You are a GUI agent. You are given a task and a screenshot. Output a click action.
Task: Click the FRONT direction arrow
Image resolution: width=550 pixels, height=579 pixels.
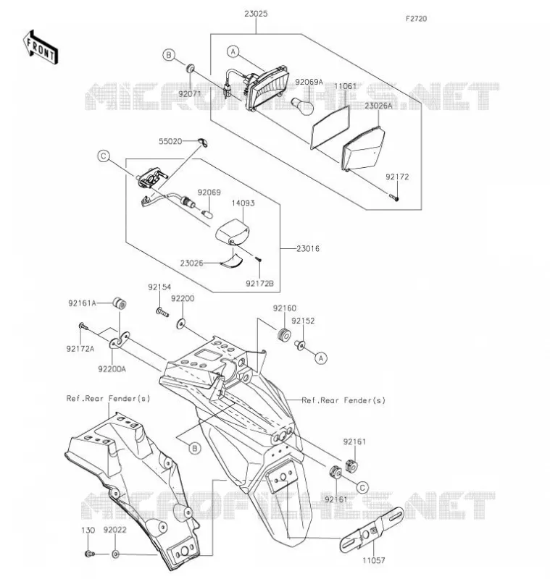click(x=41, y=48)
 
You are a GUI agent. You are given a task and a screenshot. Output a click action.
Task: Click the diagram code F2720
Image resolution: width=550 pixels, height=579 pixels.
click(x=416, y=19)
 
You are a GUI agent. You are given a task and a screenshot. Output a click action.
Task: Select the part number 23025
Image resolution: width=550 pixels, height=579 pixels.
click(x=256, y=14)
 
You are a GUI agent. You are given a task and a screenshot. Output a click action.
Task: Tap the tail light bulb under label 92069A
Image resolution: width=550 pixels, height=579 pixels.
click(x=303, y=105)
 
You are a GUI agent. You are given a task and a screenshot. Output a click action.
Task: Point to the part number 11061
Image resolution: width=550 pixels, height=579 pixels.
click(x=345, y=86)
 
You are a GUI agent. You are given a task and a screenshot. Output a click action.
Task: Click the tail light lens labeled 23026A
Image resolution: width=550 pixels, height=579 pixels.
click(x=364, y=148)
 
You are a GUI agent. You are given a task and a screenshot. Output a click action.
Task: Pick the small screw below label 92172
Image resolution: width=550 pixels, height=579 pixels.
click(x=394, y=197)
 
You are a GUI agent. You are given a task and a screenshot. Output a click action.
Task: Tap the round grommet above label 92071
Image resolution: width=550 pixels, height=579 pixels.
click(x=191, y=69)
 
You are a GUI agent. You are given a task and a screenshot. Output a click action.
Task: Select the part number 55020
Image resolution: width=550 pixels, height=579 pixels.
click(x=170, y=141)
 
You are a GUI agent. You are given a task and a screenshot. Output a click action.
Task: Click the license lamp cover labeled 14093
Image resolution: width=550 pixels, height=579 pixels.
click(x=233, y=232)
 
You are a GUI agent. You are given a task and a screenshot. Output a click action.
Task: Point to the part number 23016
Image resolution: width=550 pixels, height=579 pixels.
click(x=308, y=248)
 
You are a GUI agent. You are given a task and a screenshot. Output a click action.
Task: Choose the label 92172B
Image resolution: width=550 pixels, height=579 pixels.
click(x=259, y=283)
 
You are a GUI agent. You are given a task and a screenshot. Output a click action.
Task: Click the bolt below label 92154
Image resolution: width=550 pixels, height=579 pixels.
click(x=162, y=313)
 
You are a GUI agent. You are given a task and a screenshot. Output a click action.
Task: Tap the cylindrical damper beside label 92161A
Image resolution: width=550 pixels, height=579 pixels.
click(x=120, y=303)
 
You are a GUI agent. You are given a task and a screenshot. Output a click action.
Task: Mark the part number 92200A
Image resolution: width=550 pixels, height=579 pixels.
click(x=112, y=369)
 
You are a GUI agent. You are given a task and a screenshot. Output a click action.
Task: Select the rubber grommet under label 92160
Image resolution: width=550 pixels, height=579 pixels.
click(x=284, y=334)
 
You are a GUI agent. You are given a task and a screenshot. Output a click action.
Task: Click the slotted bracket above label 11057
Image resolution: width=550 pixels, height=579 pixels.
click(x=372, y=529)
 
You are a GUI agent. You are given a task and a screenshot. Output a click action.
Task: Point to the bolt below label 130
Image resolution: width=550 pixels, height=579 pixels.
click(x=89, y=554)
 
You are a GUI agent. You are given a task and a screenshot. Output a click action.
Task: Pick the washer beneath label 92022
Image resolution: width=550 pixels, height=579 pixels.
click(x=115, y=554)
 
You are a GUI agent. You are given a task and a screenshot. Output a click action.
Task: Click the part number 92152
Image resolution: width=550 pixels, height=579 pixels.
click(x=303, y=321)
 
